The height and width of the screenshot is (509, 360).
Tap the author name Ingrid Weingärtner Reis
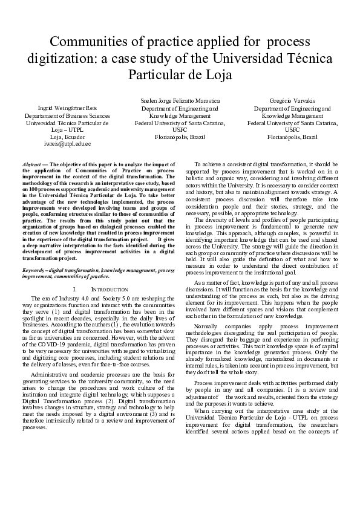pyautogui.click(x=67, y=108)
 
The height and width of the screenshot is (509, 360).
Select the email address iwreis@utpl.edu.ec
pyautogui.click(x=67, y=144)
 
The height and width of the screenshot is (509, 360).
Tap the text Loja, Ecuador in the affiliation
pyautogui.click(x=67, y=137)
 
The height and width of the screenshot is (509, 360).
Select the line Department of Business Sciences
pyautogui.click(x=67, y=115)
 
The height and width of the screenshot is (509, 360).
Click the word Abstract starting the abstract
pyautogui.click(x=32, y=164)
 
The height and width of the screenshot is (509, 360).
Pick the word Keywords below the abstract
pyautogui.click(x=33, y=270)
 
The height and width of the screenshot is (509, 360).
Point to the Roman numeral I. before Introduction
pyautogui.click(x=90, y=290)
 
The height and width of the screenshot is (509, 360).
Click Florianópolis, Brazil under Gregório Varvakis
pyautogui.click(x=292, y=137)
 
